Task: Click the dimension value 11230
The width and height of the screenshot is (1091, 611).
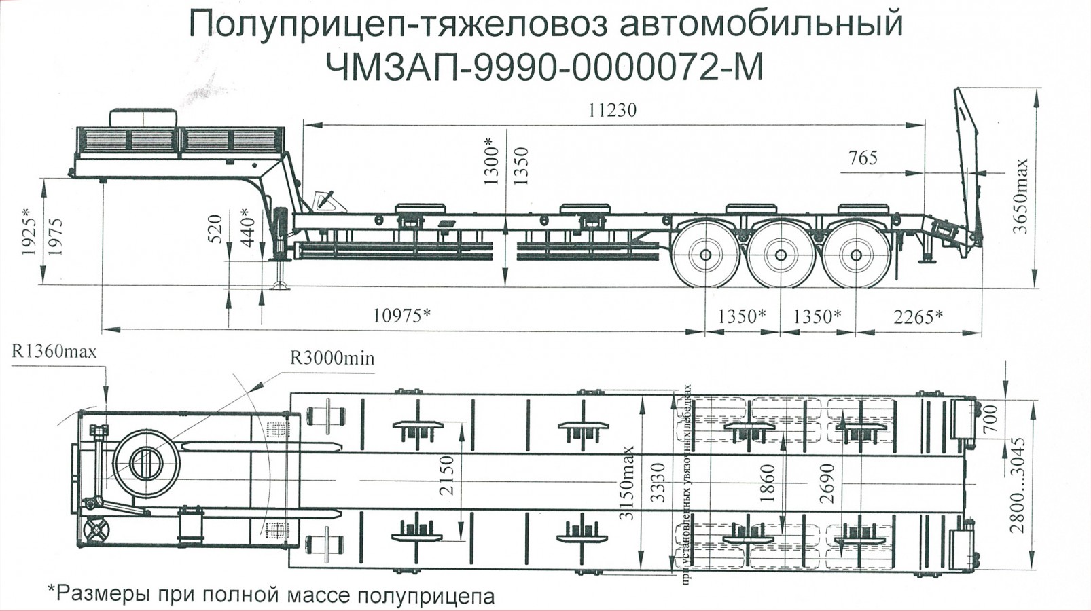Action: point(612,110)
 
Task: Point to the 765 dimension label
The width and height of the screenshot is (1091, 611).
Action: point(863,158)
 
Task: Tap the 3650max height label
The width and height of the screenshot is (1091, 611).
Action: point(1021,196)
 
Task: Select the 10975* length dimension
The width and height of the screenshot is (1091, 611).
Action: point(401,316)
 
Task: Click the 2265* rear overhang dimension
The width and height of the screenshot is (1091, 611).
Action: point(918,316)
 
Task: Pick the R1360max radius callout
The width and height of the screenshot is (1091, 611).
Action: point(54,352)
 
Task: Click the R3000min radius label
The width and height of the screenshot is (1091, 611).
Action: point(332,358)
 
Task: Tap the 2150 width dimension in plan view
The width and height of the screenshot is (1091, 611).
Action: point(447,475)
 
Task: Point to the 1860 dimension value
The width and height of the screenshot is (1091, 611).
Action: point(767,483)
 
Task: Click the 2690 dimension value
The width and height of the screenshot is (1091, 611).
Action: point(826,483)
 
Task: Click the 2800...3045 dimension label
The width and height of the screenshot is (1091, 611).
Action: point(1017,485)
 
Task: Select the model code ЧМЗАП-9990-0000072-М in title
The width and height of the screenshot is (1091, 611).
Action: point(545,67)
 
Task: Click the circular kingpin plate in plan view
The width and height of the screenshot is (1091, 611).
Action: point(147,463)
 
